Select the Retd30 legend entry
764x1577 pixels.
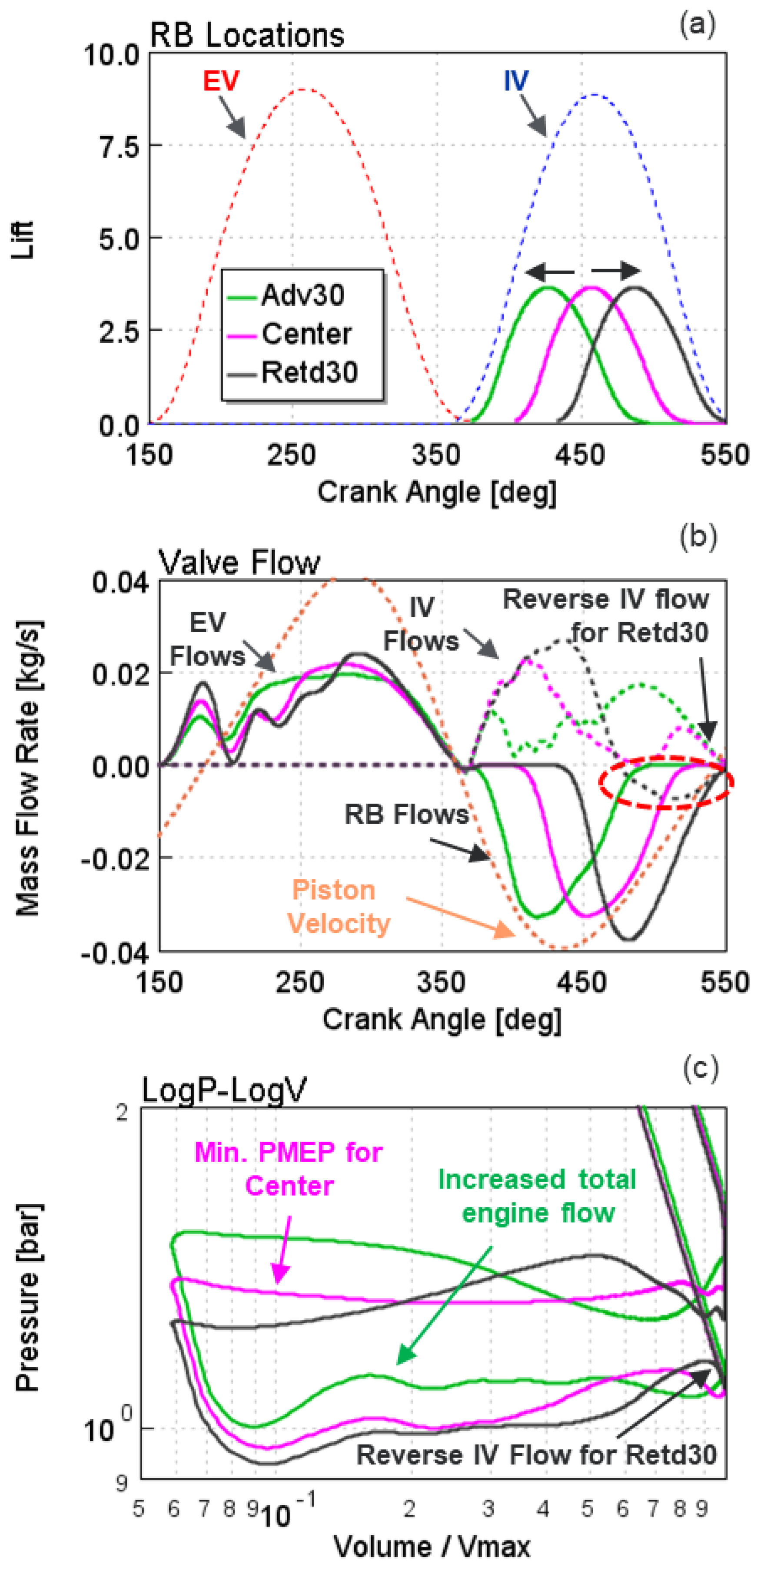point(309,372)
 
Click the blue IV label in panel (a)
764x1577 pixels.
point(516,81)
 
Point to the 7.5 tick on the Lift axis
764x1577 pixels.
point(120,147)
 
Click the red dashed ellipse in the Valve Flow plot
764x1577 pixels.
point(665,782)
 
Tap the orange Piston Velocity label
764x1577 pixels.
point(338,907)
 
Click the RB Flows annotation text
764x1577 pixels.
point(406,814)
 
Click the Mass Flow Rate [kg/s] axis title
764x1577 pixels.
point(27,768)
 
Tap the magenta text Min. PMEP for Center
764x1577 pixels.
point(288,1169)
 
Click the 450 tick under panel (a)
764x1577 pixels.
point(580,455)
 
